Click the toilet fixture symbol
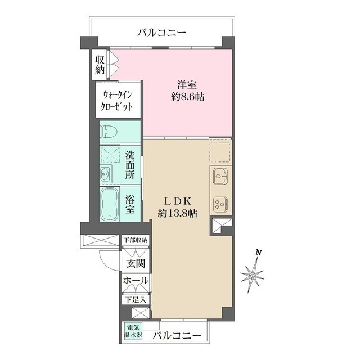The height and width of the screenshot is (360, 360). [x=108, y=132]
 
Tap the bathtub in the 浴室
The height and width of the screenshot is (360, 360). [x=110, y=204]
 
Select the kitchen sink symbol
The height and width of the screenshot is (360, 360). [x=220, y=176]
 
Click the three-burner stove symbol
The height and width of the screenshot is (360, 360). [x=220, y=204]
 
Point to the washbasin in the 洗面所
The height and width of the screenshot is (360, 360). [x=105, y=174]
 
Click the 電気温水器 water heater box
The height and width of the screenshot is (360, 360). [x=133, y=331]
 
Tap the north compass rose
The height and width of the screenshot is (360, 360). [x=252, y=275]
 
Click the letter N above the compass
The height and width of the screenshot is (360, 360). [x=259, y=253]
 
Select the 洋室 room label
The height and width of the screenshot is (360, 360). [x=187, y=85]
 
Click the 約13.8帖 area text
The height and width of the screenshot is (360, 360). [x=177, y=214]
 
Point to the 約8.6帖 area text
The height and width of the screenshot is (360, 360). [x=187, y=97]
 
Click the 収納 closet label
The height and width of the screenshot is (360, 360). [x=100, y=65]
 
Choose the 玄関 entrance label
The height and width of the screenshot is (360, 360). [x=136, y=264]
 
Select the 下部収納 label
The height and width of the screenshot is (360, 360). [x=136, y=240]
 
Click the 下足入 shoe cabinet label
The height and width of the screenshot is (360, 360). [x=136, y=300]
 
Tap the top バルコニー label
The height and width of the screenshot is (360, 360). [x=162, y=33]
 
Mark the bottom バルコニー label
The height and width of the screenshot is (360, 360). [x=177, y=336]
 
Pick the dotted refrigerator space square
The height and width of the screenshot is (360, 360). [x=220, y=152]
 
